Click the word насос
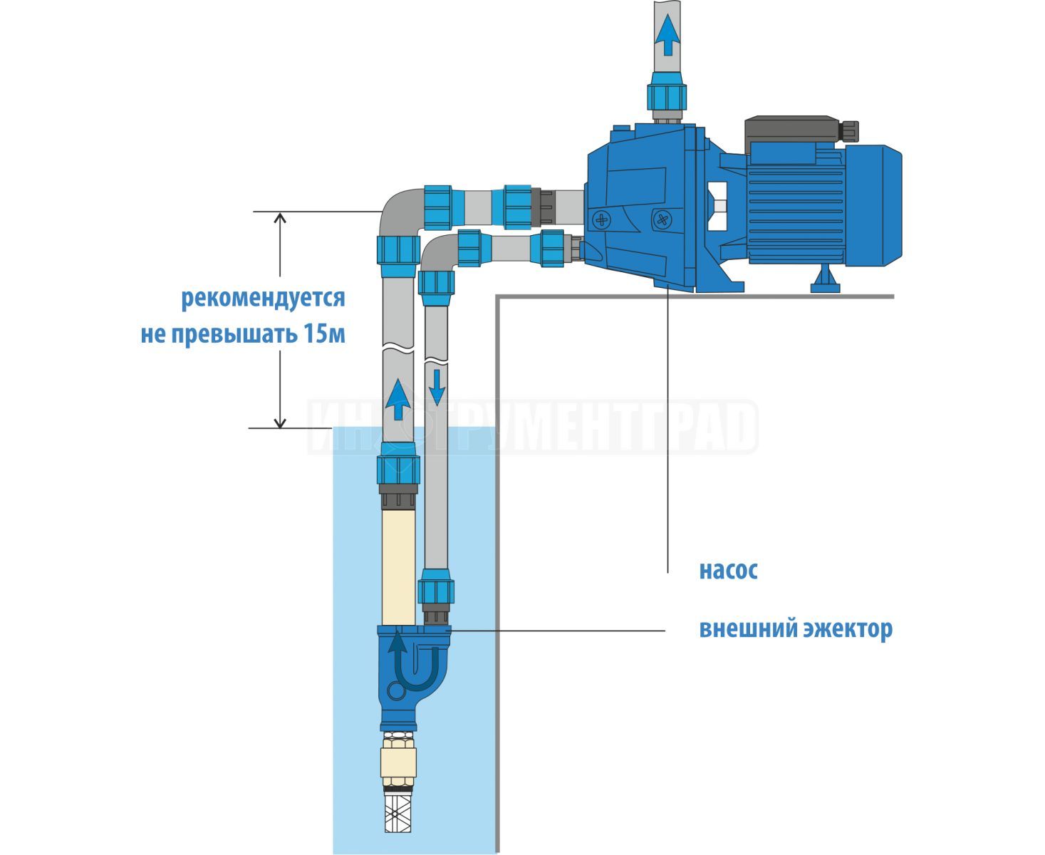point(728,571)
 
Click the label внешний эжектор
point(796,629)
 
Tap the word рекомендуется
point(263,299)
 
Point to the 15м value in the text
point(325,334)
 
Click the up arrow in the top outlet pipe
point(667,35)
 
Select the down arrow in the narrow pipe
point(437,387)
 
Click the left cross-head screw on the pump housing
point(601,219)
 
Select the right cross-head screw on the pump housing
point(662,219)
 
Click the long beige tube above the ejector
point(398,568)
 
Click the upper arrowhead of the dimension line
point(280,218)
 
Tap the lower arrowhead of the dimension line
point(280,423)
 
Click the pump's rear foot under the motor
point(825,279)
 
